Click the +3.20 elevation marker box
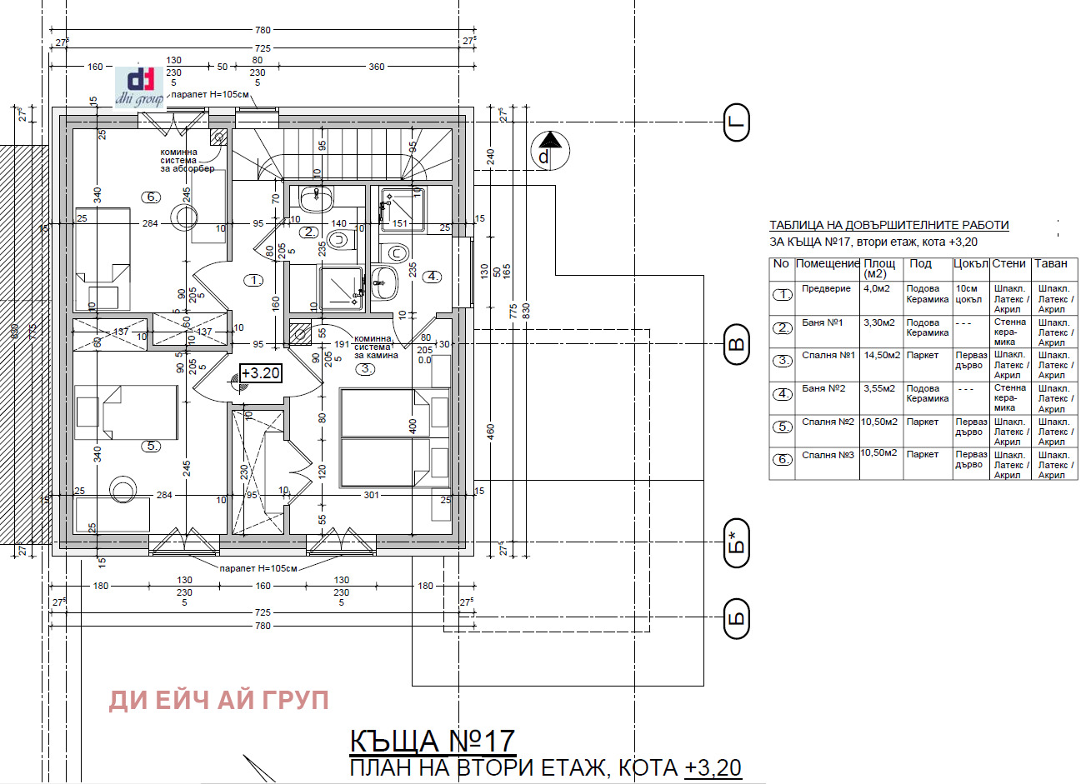click(260, 373)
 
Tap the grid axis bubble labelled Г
click(736, 122)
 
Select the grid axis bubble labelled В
click(736, 345)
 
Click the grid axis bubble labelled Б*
click(736, 543)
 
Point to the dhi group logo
click(140, 87)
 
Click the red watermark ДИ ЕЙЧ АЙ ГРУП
click(218, 701)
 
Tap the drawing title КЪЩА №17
click(432, 741)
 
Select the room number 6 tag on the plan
click(151, 197)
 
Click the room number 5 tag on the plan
click(151, 446)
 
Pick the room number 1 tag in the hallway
click(254, 281)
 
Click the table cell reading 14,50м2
click(882, 355)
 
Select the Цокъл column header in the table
click(970, 264)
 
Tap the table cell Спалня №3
click(828, 455)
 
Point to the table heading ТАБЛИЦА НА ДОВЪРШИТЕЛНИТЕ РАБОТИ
click(888, 225)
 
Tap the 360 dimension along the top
click(377, 67)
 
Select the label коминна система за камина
click(375, 347)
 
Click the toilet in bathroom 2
click(338, 240)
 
